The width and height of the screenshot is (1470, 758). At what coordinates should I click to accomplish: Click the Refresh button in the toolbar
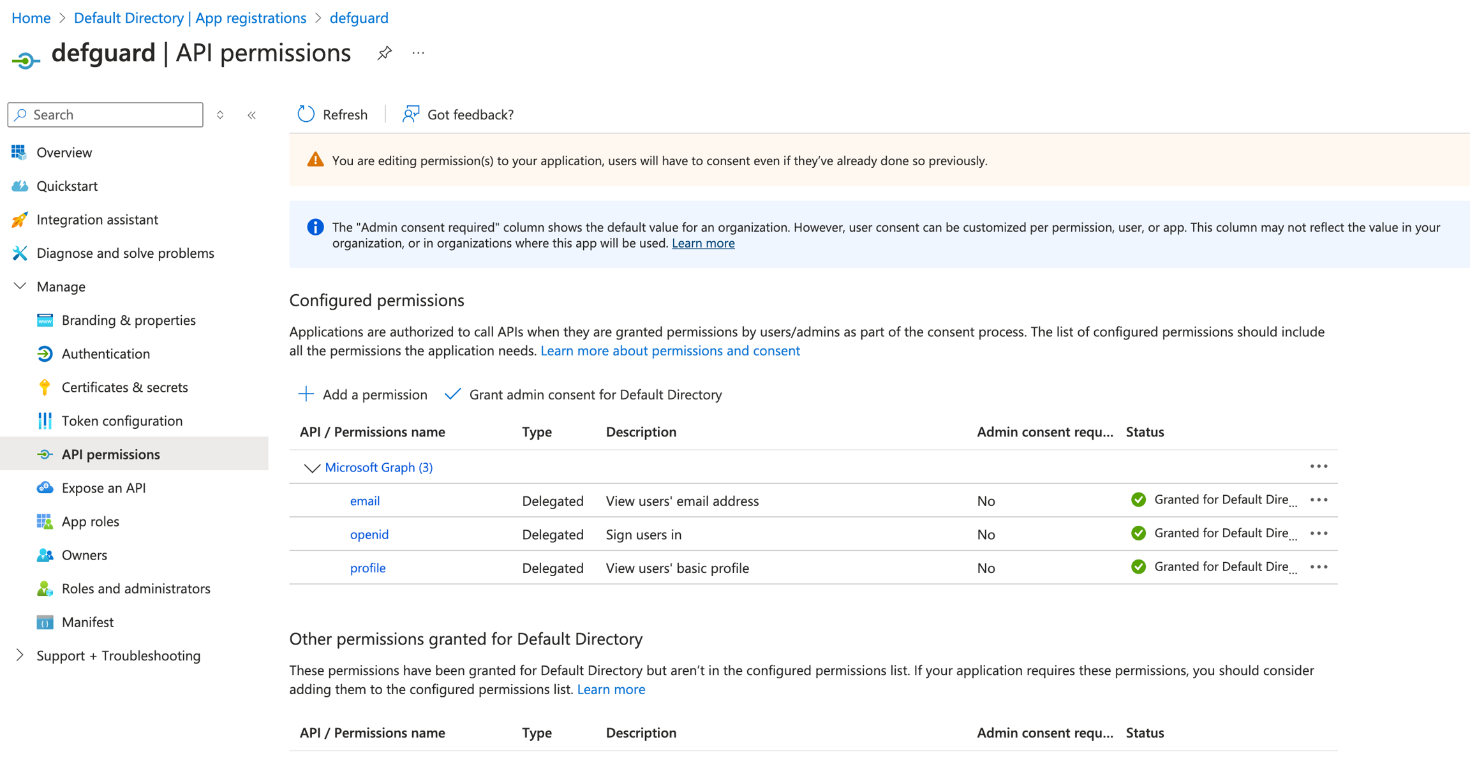(332, 114)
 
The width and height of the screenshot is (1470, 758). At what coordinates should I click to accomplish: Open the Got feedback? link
(458, 114)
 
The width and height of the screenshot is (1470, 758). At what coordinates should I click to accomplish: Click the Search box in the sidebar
(105, 115)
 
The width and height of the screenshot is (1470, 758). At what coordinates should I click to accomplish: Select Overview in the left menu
(64, 152)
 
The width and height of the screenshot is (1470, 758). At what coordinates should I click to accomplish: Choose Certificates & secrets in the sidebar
(124, 387)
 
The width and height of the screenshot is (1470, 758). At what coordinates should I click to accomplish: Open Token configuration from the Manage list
(122, 420)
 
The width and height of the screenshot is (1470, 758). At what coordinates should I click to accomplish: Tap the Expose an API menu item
(103, 488)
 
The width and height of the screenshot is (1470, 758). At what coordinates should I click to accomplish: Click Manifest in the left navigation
(87, 622)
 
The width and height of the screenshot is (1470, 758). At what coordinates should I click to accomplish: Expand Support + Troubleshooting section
(118, 656)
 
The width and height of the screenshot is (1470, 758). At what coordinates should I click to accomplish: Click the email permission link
(365, 501)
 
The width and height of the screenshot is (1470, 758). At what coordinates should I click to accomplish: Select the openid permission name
(369, 535)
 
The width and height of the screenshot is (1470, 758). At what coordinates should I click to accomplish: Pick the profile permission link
(367, 568)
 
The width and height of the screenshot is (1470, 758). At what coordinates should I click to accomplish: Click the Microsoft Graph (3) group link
(378, 468)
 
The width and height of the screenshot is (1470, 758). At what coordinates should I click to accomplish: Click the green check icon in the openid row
(1138, 533)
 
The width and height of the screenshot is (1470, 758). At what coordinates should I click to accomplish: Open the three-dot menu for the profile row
(1319, 567)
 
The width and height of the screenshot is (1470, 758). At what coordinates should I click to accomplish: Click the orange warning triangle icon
(315, 160)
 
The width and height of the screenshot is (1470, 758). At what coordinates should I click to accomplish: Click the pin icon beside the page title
(384, 53)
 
